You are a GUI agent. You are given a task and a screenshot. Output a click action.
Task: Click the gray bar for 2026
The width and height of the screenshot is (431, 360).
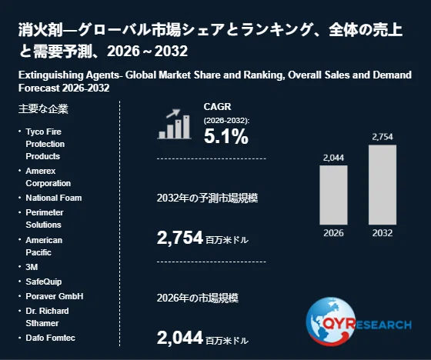333,195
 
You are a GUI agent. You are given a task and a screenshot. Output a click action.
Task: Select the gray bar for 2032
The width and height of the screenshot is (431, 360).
383,185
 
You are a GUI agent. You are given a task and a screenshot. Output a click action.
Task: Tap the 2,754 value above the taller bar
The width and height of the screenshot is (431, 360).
383,137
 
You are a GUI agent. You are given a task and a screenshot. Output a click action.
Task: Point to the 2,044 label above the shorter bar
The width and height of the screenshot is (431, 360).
333,158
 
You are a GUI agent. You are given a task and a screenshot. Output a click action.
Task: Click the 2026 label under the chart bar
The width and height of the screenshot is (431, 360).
333,233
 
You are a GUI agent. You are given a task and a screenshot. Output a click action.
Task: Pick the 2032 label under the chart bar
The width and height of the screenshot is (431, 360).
383,233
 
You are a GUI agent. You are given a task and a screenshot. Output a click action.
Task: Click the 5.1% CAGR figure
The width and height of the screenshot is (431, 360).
226,136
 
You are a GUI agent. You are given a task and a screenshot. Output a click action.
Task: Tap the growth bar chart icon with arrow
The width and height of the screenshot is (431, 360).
174,124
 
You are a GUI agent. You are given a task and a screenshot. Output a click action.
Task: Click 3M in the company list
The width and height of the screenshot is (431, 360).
32,267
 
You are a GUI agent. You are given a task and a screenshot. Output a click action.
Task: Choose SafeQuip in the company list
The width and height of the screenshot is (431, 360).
44,282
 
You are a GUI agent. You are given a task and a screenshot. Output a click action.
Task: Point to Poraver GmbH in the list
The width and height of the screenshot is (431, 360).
55,296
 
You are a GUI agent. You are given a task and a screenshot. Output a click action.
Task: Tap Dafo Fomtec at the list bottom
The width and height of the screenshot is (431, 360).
50,338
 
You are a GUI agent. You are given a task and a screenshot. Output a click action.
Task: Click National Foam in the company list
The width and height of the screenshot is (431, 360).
54,198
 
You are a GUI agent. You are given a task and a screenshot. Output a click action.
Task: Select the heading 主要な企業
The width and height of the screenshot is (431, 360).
43,108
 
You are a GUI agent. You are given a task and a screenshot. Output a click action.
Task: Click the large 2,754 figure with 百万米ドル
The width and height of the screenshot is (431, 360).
202,238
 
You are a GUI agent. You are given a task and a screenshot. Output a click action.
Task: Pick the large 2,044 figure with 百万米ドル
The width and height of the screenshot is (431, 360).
202,338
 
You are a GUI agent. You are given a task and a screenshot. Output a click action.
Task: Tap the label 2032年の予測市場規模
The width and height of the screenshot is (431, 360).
207,198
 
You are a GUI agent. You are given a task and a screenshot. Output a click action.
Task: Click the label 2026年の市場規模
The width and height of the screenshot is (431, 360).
198,298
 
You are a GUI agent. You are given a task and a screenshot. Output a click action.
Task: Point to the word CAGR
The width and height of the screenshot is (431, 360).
217,107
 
